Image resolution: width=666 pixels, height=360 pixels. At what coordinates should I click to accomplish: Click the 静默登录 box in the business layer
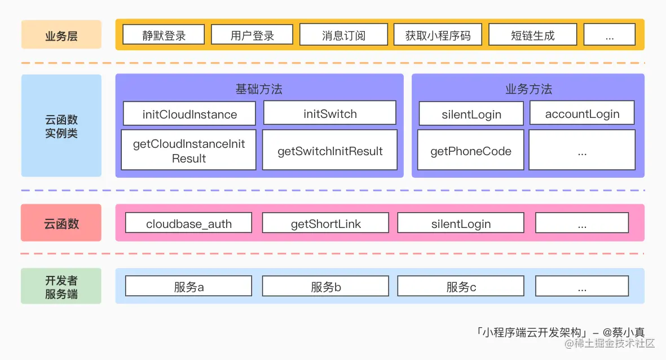click(x=164, y=35)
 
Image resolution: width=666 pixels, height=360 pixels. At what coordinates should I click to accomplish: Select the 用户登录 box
click(x=252, y=35)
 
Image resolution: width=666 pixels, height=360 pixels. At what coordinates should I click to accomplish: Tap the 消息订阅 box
click(x=343, y=35)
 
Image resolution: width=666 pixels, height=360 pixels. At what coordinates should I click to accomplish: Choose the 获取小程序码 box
click(x=438, y=35)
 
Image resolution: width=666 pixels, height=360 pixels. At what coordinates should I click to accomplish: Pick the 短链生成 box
click(x=532, y=35)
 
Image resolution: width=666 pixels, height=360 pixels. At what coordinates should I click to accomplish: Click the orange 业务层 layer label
click(x=61, y=35)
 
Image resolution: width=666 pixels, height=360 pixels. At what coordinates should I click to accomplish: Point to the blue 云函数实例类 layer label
click(x=61, y=126)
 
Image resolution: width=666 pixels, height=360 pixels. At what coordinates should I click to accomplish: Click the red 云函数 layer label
click(x=61, y=223)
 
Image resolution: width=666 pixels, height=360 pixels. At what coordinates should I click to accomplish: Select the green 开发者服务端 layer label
click(x=61, y=287)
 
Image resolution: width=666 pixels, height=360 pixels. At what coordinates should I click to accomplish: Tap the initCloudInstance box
click(x=189, y=113)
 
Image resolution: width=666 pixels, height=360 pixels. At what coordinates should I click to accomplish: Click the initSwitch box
click(x=330, y=113)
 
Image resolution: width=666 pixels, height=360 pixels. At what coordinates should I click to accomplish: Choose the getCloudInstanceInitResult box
click(x=189, y=151)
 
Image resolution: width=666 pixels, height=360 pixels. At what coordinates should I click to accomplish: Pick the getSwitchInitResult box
click(x=330, y=151)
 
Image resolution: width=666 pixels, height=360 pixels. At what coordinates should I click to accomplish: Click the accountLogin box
click(x=582, y=113)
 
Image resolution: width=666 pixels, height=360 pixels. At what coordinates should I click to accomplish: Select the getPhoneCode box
click(x=470, y=151)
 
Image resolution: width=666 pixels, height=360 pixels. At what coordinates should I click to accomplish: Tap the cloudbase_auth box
click(x=189, y=223)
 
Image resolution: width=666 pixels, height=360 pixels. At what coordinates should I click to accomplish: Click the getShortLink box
click(x=325, y=223)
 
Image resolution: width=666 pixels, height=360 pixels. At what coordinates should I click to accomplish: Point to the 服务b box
click(x=325, y=287)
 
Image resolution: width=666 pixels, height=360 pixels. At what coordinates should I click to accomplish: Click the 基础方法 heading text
click(x=259, y=89)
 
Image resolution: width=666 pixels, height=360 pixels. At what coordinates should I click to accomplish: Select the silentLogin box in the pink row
click(x=461, y=223)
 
